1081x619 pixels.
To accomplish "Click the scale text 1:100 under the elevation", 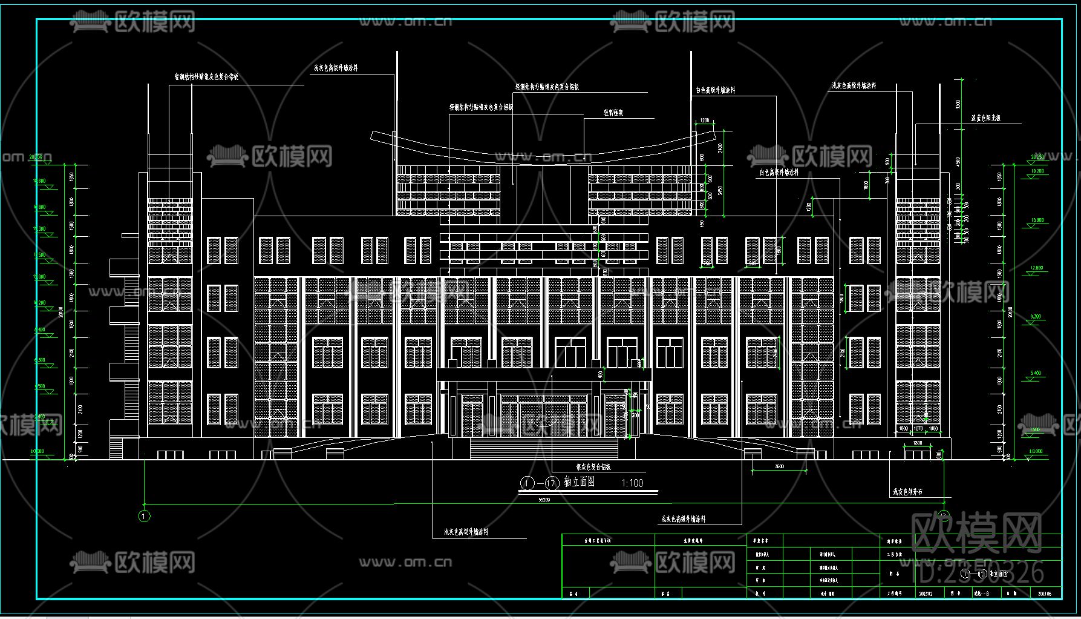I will coord(632,483).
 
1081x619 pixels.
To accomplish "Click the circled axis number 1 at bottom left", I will coord(144,516).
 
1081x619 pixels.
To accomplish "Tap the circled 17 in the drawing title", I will coord(551,483).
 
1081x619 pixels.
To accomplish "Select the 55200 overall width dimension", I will coord(544,500).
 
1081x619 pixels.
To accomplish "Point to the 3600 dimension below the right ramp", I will coord(779,466).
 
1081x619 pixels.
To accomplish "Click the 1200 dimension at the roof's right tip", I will coord(705,121).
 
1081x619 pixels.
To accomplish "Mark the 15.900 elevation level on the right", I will coord(1036,220).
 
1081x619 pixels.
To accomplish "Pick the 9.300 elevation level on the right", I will coord(1036,317).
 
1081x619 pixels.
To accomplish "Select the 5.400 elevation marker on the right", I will coord(1036,373).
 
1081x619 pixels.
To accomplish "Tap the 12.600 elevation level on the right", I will coord(1036,268).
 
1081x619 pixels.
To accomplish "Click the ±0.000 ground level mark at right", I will coord(1036,451).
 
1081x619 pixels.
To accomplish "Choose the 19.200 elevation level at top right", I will coord(1037,171).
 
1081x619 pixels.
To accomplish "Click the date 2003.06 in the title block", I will coord(1044,594).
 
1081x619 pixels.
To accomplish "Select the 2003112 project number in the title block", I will coord(926,594).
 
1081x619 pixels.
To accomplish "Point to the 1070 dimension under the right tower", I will coord(918,429).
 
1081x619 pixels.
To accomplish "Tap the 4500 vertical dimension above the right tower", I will coord(958,162).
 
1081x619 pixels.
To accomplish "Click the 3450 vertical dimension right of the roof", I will coord(720,190).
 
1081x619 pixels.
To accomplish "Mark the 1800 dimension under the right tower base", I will coord(918,443).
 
